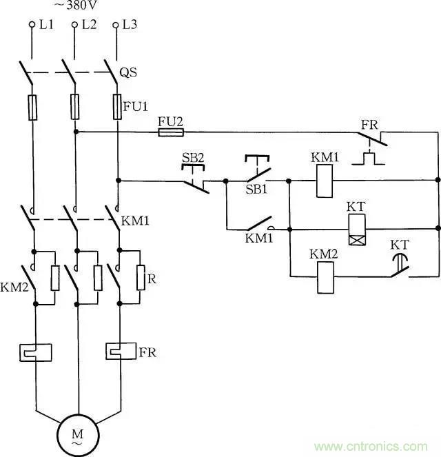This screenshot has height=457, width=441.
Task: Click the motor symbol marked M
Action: coord(77,435)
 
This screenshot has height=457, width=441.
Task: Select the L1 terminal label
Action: coord(45,25)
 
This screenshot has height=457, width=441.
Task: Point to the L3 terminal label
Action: coord(130,25)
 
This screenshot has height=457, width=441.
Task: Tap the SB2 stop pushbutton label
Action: coord(193,157)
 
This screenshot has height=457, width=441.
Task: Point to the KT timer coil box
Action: coord(357,230)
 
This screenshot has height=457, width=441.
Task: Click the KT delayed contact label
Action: coord(400,245)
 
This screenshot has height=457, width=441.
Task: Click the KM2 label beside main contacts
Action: coord(13,286)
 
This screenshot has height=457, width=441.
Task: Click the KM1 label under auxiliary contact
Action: coord(259,238)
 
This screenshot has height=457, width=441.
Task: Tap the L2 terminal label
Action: coord(88,25)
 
